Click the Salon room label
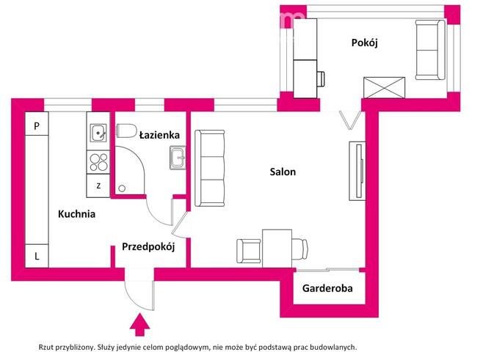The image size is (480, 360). coord(283,172)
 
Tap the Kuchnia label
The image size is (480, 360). coord(77,215)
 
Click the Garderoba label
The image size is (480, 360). coord(327,288)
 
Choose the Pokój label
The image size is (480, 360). coord(364,43)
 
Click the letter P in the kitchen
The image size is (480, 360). coord(37,125)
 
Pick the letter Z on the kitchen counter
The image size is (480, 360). coord(98,185)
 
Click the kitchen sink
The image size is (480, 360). coord(98,133)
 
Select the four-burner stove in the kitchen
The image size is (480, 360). coord(98,161)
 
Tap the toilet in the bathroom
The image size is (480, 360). coord(127,131)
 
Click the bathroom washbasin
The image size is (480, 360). coord(178,157)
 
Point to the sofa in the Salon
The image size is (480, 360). coord(210,168)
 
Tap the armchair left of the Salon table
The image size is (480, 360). coord(248,251)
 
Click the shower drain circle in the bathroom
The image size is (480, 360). coord(120,188)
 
